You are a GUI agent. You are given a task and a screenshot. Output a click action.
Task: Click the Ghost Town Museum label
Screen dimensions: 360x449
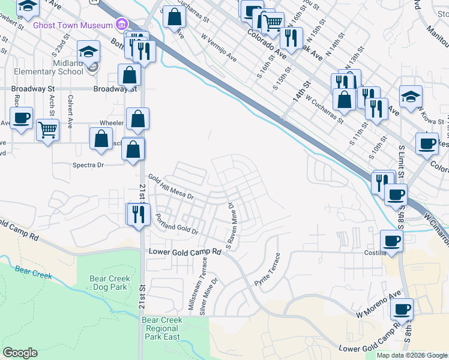(x=73, y=25)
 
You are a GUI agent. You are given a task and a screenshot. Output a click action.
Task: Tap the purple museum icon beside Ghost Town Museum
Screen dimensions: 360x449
(x=122, y=25)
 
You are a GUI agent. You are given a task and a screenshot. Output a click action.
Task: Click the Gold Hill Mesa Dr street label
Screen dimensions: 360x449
(x=172, y=188)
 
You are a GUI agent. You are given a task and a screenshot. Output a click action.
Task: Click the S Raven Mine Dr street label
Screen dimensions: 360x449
(x=230, y=226)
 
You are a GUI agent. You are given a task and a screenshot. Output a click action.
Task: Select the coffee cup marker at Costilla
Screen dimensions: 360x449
(x=391, y=241)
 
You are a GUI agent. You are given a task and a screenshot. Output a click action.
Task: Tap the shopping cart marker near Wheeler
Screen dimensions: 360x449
(x=47, y=129)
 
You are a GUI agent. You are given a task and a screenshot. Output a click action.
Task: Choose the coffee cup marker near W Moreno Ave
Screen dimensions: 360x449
(x=402, y=310)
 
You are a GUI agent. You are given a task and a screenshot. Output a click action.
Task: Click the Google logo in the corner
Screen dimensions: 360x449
(x=20, y=353)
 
